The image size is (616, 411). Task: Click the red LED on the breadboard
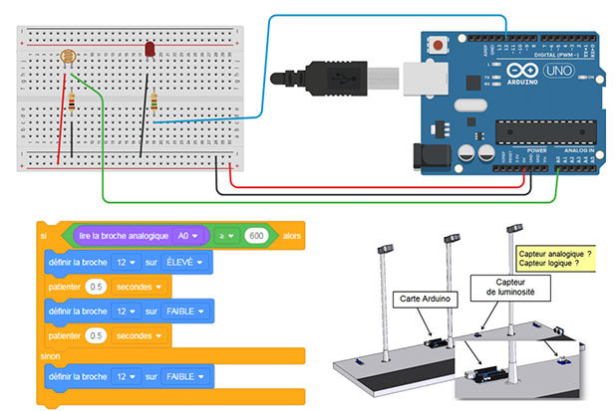[148, 49]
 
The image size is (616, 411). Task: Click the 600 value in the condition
[256, 236]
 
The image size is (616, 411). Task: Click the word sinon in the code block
[50, 354]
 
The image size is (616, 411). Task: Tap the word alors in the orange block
[291, 237]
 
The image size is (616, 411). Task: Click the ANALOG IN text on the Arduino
[577, 150]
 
